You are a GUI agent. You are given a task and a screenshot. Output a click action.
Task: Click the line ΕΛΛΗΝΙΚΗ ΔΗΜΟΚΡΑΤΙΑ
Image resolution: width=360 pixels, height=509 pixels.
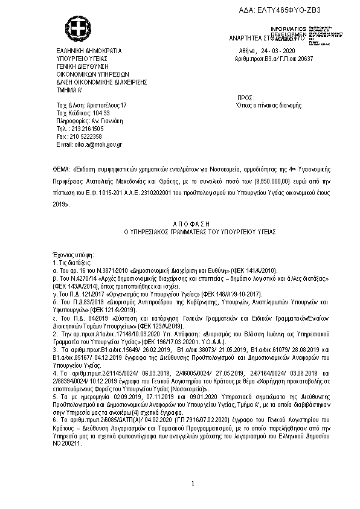click(89, 51)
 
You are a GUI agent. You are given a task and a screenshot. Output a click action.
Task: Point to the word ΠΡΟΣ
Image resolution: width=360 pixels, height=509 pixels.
click(246, 97)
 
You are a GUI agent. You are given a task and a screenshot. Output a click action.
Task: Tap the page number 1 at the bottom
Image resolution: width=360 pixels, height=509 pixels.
click(191, 484)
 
